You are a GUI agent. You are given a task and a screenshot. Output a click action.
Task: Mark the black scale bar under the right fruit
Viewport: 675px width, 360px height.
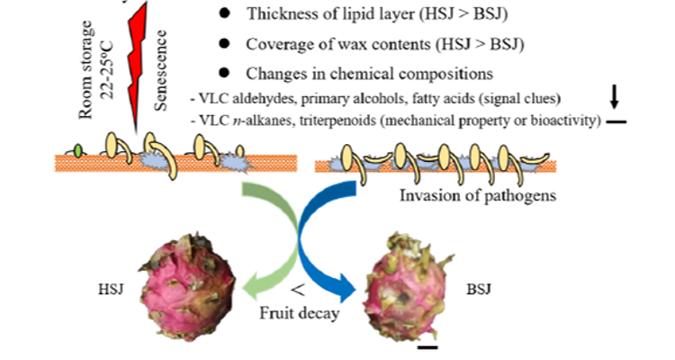tap(427, 346)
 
